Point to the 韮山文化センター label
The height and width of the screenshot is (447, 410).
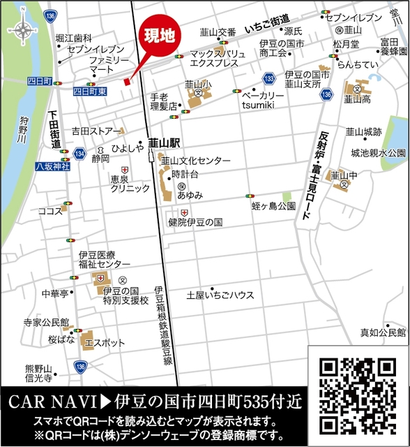[x=196, y=161]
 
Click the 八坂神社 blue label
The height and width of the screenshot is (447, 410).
[x=53, y=166]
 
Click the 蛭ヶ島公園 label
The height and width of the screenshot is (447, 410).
[x=273, y=206]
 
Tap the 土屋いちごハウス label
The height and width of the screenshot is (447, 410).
[x=220, y=295]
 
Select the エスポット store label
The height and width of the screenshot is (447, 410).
[x=105, y=343]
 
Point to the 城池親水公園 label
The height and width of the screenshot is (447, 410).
[x=378, y=152]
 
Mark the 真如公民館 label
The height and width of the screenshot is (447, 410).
[x=382, y=332]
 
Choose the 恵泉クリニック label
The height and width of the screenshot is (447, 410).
[x=130, y=184]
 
